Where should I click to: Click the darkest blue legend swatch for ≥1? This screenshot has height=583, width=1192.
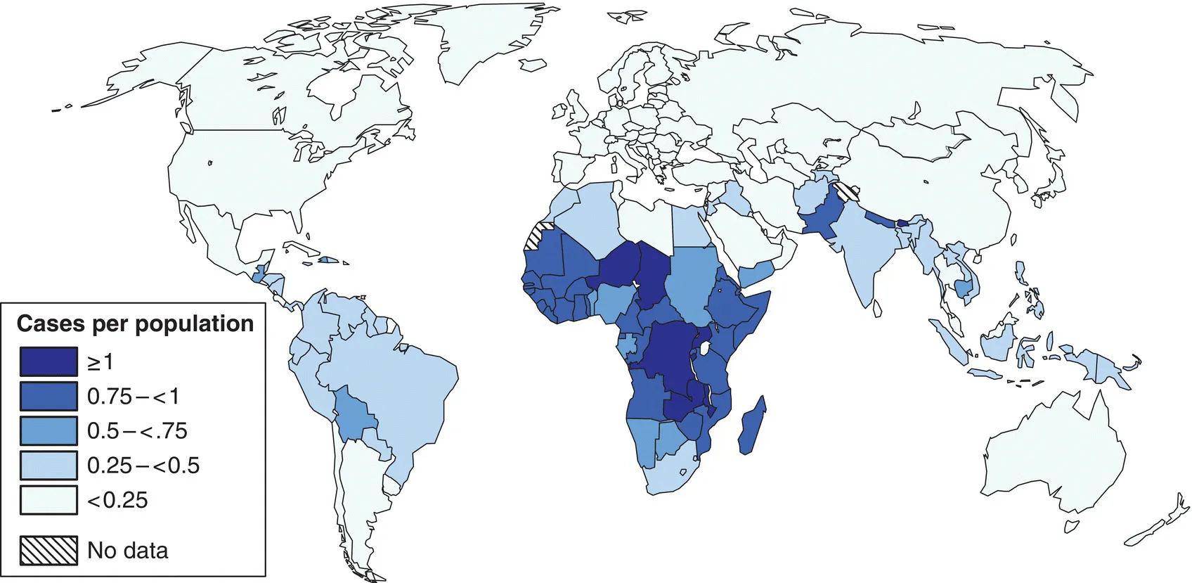(48, 361)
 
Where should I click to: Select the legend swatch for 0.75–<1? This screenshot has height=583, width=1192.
(48, 396)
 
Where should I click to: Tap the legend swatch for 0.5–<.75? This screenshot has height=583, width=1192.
(48, 430)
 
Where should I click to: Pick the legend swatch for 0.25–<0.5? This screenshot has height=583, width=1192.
(48, 465)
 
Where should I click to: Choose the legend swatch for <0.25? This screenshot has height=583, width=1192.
(48, 500)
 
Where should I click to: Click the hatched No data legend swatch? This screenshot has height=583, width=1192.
(48, 550)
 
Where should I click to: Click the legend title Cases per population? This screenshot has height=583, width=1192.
(135, 323)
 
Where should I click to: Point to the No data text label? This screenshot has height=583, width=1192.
(128, 550)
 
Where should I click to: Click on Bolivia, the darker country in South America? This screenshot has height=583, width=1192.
(355, 415)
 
